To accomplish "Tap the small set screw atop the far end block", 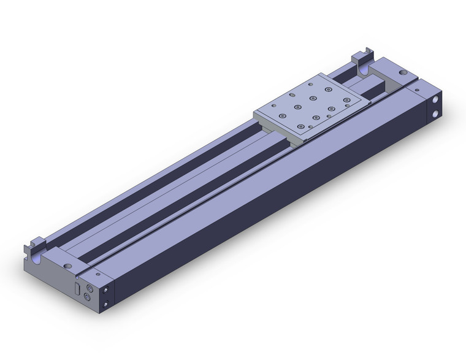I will [418, 91].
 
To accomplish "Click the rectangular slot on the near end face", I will [77, 288].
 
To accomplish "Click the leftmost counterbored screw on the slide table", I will [283, 115].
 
